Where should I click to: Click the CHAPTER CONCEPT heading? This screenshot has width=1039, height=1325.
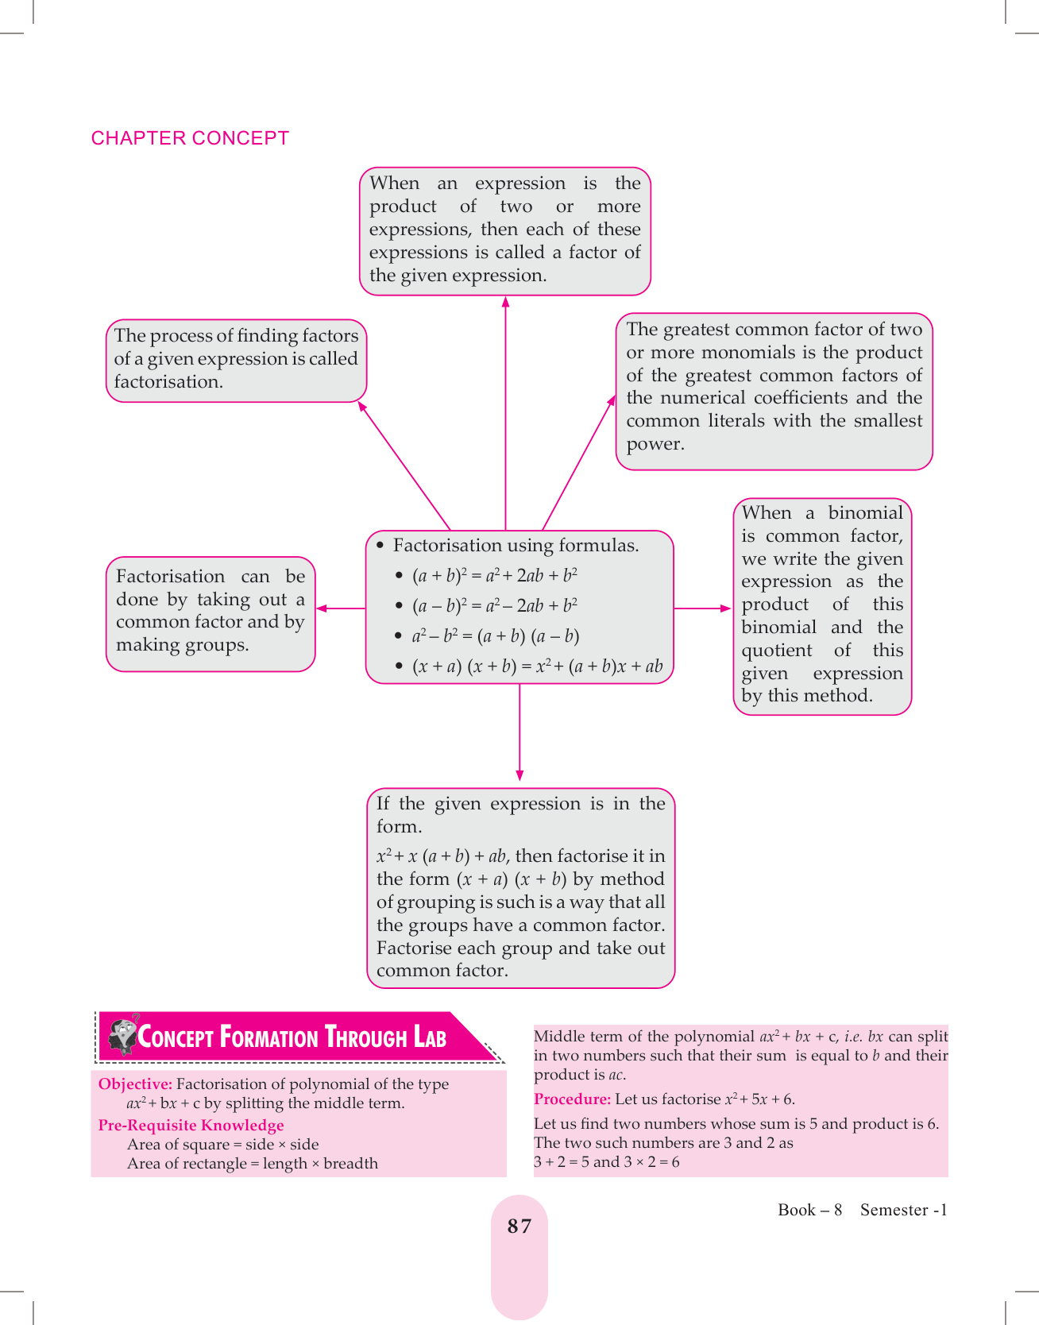click(x=190, y=138)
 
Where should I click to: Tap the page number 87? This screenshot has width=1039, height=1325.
click(x=519, y=1226)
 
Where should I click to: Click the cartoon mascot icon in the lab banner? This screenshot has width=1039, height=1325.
click(x=123, y=1035)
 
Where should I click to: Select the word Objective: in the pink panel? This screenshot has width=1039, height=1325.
click(x=135, y=1084)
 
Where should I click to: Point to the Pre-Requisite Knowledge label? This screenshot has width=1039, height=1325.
click(x=191, y=1126)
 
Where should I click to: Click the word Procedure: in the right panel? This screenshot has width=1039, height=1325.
click(x=572, y=1099)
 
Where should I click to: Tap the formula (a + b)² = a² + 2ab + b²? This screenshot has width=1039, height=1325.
click(x=494, y=575)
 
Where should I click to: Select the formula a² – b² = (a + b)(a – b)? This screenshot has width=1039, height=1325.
click(x=495, y=636)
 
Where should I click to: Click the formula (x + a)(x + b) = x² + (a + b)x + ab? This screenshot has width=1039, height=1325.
click(x=537, y=666)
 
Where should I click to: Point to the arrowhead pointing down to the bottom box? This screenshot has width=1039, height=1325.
click(x=519, y=775)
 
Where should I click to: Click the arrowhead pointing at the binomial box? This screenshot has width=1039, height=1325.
click(x=725, y=608)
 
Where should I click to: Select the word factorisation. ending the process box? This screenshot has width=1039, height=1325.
click(x=168, y=382)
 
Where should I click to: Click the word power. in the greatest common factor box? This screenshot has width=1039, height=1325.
click(x=655, y=444)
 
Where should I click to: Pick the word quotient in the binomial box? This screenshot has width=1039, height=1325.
click(x=776, y=651)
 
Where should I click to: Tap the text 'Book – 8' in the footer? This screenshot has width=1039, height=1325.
click(x=809, y=1210)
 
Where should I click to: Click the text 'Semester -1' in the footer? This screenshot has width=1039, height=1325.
click(x=903, y=1210)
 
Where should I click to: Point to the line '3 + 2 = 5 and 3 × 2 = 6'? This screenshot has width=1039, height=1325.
click(x=607, y=1162)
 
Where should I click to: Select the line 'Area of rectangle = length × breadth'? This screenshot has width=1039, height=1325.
click(x=253, y=1164)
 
